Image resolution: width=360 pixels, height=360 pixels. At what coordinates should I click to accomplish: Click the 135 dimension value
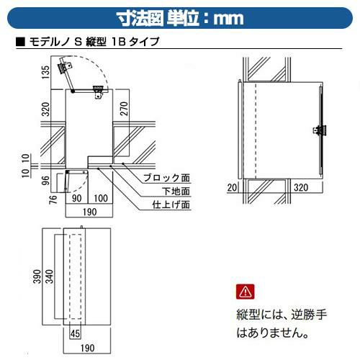45,72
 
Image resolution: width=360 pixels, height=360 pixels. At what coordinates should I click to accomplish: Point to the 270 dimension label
124,109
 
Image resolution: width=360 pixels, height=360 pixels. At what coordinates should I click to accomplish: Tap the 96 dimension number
45,180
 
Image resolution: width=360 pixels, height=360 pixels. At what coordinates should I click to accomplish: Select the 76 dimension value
53,199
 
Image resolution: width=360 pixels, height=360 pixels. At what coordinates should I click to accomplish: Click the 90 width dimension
76,198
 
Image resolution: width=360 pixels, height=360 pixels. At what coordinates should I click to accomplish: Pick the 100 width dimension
101,198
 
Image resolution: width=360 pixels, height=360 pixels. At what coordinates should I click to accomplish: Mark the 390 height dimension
37,276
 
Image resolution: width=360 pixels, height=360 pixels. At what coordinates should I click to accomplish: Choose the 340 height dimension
49,276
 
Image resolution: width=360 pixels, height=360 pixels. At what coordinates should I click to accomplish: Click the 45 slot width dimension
75,333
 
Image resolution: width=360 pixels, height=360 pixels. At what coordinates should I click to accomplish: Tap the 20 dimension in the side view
232,187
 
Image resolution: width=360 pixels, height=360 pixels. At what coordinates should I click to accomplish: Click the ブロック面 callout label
166,178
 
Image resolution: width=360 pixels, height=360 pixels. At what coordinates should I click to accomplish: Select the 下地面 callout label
176,192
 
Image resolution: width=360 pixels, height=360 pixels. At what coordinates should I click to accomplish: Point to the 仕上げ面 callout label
171,204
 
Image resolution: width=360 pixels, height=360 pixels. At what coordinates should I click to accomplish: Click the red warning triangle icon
245,292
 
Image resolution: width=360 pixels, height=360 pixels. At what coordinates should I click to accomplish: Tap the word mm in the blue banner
229,19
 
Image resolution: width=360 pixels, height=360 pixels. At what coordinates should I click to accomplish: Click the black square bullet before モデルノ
20,42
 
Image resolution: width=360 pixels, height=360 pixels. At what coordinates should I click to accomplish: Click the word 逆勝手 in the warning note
309,315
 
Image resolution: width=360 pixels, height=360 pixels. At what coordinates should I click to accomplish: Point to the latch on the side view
319,131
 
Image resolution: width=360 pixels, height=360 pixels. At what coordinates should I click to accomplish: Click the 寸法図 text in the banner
140,19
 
